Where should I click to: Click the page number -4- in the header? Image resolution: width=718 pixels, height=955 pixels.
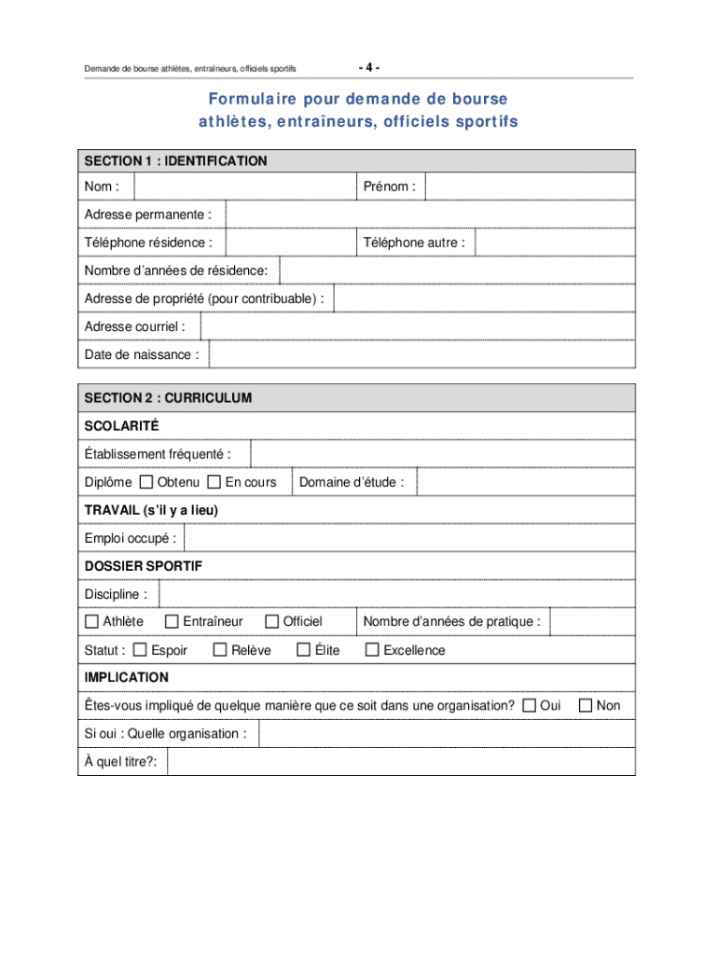point(369,67)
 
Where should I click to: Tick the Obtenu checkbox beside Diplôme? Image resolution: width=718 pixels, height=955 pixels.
point(146,482)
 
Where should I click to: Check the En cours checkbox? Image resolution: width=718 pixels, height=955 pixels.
point(214,482)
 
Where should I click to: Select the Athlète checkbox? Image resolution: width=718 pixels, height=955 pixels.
point(91,621)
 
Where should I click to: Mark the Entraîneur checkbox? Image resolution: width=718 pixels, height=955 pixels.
point(172,621)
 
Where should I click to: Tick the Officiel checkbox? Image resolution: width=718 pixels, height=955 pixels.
point(272,621)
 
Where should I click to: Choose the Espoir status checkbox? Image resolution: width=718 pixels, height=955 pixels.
point(140,650)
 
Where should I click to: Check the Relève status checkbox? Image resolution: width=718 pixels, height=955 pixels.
point(220,650)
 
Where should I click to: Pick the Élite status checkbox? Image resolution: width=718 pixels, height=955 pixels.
point(303,650)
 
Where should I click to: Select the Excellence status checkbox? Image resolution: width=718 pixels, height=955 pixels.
point(372,650)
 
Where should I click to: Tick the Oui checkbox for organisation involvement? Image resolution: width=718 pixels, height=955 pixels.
point(529,705)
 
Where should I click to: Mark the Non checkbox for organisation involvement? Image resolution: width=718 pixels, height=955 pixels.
point(586,705)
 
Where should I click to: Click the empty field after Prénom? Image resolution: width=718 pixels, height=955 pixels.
point(530,187)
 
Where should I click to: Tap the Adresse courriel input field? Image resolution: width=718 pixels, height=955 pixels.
point(418,326)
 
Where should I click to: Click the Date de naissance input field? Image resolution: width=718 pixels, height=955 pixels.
point(421,354)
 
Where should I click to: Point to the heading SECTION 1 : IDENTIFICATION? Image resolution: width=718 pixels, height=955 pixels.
point(175,161)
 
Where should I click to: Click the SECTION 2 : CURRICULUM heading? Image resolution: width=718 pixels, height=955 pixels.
point(168,398)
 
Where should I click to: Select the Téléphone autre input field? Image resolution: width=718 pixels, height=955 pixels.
point(554,242)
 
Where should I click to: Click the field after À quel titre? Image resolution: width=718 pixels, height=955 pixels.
point(401,762)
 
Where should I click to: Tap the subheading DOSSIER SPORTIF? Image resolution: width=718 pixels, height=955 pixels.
point(144,566)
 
